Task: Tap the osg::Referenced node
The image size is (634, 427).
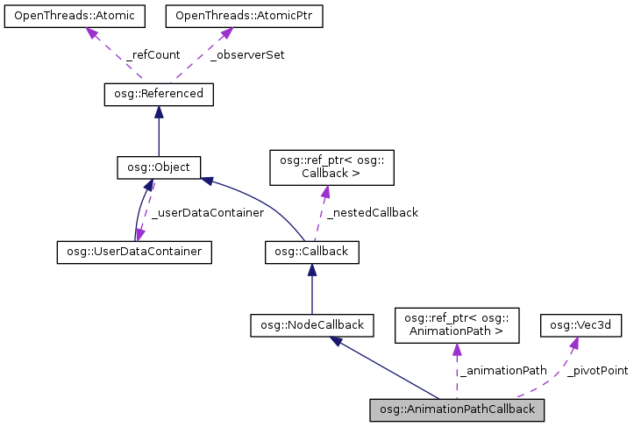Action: pos(158,93)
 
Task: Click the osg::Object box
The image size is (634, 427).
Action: pos(159,167)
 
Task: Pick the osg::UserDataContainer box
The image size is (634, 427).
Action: pos(136,252)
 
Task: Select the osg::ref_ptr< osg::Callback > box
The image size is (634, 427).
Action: pos(325,167)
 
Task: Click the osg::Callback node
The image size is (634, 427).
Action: pos(312,252)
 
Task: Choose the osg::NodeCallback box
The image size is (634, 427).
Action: pos(312,325)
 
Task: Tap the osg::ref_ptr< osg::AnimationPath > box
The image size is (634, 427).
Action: pos(457,325)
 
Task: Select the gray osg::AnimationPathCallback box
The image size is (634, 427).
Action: pos(457,409)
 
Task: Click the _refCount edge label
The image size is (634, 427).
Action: pos(153,54)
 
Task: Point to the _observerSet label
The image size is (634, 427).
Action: pos(246,54)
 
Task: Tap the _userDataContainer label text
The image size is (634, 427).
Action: pos(208,212)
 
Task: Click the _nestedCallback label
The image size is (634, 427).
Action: pos(373,212)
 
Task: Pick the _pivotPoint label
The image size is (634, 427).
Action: pos(596,371)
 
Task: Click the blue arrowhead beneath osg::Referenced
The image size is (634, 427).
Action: pos(158,111)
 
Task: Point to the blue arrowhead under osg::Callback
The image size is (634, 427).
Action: pos(312,270)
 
